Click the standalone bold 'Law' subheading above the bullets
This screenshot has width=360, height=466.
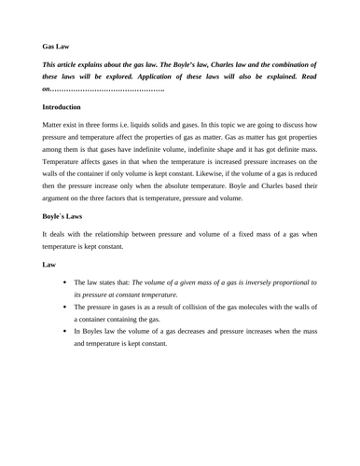49,264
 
